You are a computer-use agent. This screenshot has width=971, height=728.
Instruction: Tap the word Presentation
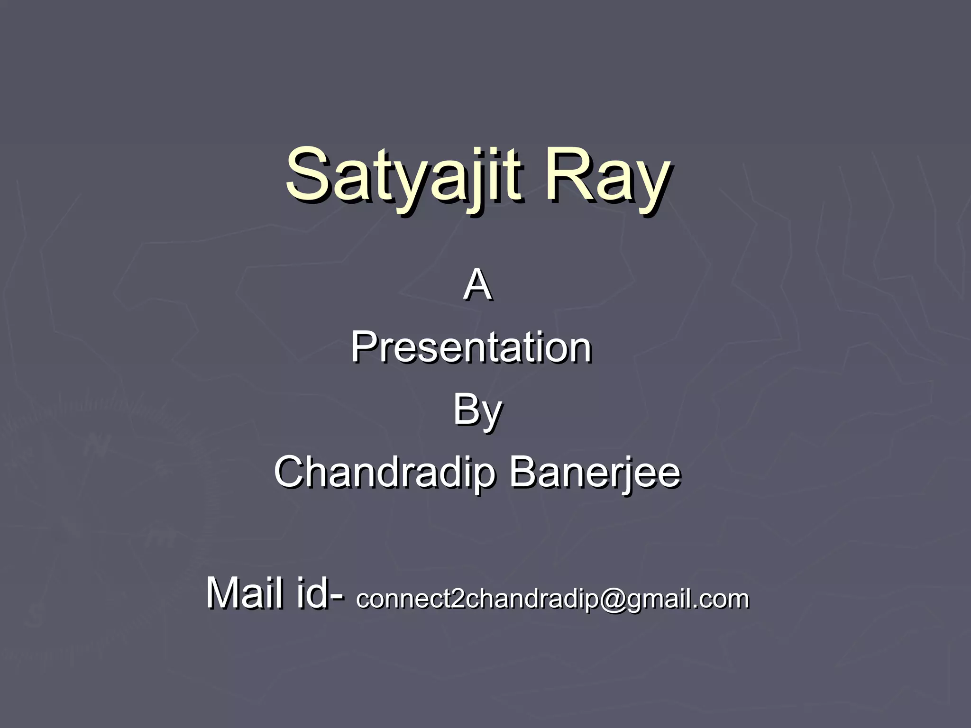tap(471, 348)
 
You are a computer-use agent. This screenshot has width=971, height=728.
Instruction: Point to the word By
tap(477, 410)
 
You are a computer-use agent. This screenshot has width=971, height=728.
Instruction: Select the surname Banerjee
tap(595, 473)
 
